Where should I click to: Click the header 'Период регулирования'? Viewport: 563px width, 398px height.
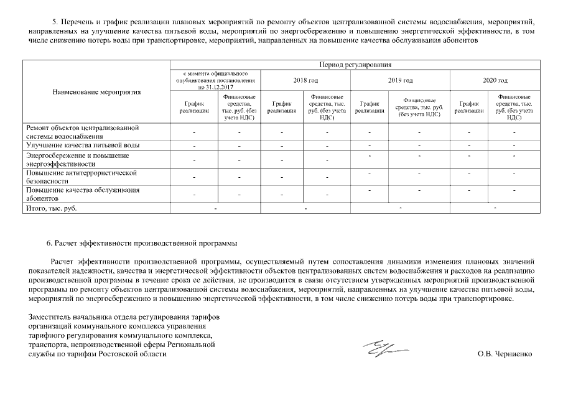354,65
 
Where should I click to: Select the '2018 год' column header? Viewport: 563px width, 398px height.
305,80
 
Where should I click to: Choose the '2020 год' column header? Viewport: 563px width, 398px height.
495,80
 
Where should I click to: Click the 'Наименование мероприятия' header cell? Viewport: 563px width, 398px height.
96,92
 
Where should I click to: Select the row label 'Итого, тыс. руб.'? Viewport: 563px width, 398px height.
51,208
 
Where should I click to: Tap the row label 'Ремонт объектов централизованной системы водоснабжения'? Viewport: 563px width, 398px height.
81,131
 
